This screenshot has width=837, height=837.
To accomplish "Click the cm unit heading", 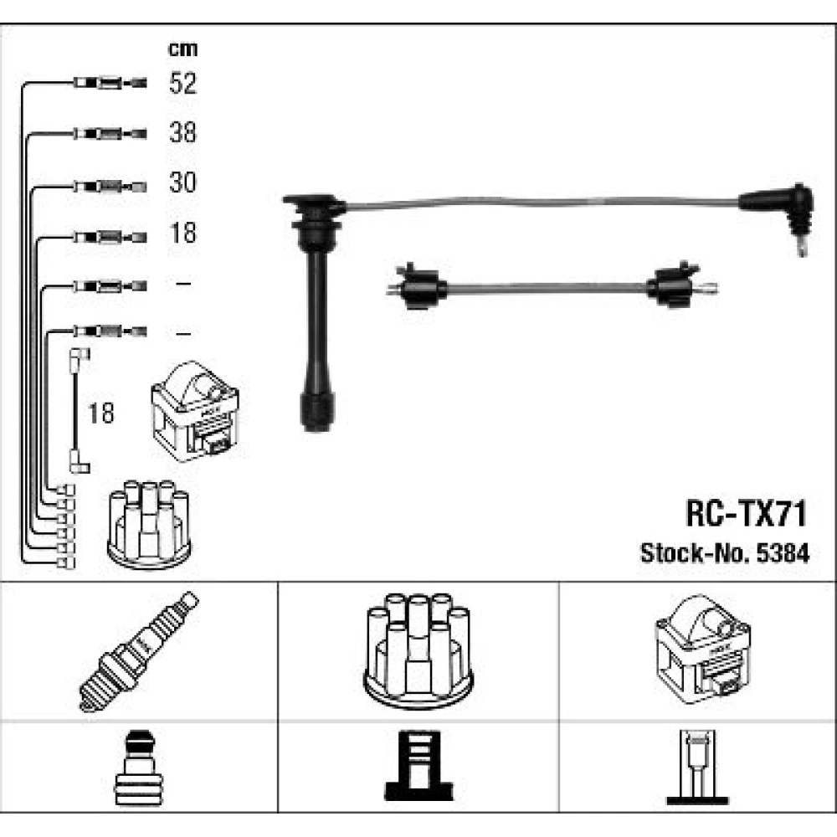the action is (182, 49).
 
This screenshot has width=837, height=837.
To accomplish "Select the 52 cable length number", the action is (182, 83).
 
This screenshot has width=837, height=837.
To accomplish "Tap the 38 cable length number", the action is (182, 132).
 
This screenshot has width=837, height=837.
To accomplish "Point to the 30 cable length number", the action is (182, 182).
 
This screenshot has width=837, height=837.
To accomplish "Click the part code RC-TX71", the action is (746, 514).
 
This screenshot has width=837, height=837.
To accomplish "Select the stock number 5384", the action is (783, 553).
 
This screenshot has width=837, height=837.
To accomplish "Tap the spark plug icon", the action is (139, 651).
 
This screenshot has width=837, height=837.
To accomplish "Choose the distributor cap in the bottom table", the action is (418, 650).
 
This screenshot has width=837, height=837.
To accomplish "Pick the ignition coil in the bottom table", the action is (702, 650).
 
